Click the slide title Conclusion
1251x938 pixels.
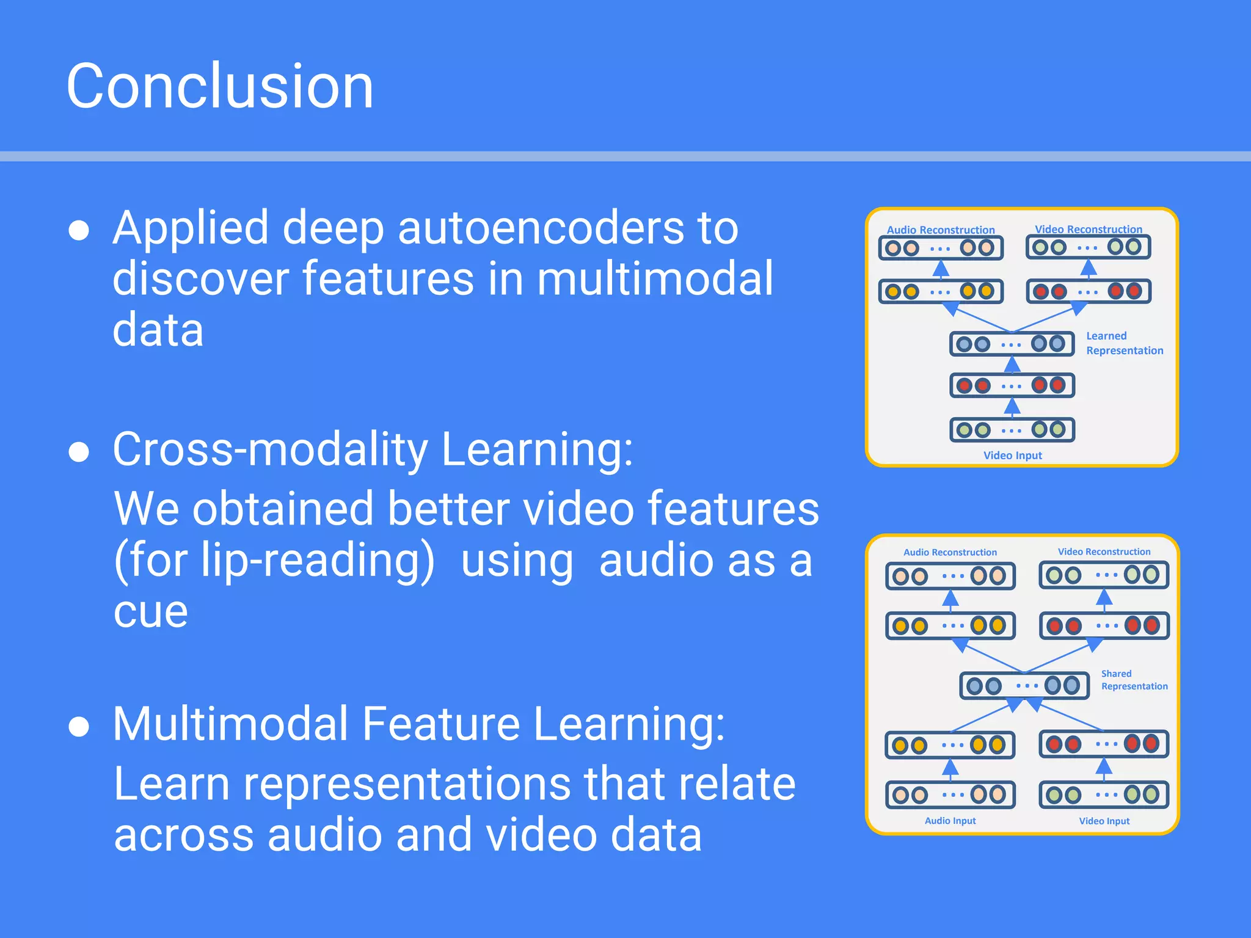(220, 87)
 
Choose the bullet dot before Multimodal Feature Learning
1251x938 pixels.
(79, 727)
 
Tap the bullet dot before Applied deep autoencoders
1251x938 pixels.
(79, 230)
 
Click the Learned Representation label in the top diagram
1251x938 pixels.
(1124, 343)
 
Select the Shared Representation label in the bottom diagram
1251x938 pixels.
(1134, 680)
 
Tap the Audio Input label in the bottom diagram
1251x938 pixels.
(950, 821)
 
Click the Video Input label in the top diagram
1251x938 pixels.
(1012, 456)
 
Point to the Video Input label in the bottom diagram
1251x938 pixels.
(1104, 821)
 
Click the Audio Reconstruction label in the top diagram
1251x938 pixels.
(941, 230)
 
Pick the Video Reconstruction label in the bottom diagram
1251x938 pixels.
(1104, 551)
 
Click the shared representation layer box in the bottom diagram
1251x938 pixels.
(1024, 685)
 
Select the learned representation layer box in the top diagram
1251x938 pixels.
(1012, 344)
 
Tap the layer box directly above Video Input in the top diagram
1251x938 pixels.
(1012, 429)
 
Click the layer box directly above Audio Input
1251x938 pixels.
(950, 794)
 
